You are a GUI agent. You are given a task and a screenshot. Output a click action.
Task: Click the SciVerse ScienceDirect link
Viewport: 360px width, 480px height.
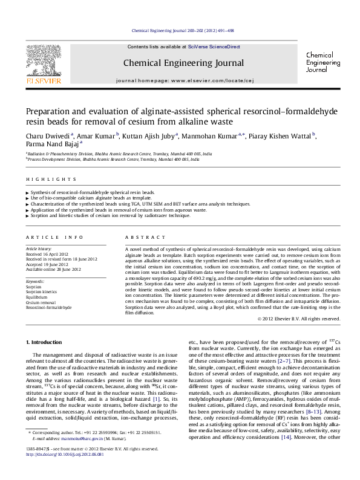(x=214, y=47)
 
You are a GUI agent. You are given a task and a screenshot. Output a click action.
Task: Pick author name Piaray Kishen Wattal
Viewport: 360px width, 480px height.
(x=285, y=137)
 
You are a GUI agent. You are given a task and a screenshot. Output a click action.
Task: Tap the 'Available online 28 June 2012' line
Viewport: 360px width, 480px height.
(x=53, y=268)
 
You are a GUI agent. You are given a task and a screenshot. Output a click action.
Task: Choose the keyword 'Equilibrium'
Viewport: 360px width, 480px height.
(x=38, y=297)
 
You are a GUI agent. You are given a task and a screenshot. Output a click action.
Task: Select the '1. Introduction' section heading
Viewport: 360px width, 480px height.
(x=45, y=342)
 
